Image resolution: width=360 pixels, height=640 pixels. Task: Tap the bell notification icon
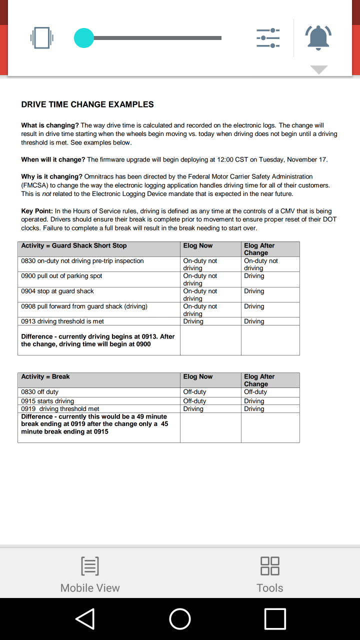318,37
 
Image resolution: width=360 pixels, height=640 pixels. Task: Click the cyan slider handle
84,38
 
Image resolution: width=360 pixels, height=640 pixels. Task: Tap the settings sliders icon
268,38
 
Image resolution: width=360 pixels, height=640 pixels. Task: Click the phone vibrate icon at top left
41,37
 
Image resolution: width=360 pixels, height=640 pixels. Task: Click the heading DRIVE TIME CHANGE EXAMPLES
87,104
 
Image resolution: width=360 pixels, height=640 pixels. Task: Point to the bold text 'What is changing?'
50,125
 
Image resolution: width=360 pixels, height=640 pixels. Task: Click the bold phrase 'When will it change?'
53,159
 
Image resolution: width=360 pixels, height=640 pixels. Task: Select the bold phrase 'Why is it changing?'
51,176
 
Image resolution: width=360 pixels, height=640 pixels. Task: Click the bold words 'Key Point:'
37,211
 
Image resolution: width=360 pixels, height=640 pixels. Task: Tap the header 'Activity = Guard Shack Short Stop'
74,245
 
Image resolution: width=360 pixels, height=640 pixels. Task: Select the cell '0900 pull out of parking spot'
61,276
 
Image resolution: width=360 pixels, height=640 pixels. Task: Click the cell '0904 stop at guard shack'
57,291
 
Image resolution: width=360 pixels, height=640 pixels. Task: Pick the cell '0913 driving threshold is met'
62,321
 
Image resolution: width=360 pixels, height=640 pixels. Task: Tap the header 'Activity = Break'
45,376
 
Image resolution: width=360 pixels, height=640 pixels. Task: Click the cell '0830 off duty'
39,392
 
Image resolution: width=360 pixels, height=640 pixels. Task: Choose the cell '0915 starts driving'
47,401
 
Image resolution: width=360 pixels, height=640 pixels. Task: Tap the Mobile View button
90,574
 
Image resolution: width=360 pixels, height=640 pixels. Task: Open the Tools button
270,574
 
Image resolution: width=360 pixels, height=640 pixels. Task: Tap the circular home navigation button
180,619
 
